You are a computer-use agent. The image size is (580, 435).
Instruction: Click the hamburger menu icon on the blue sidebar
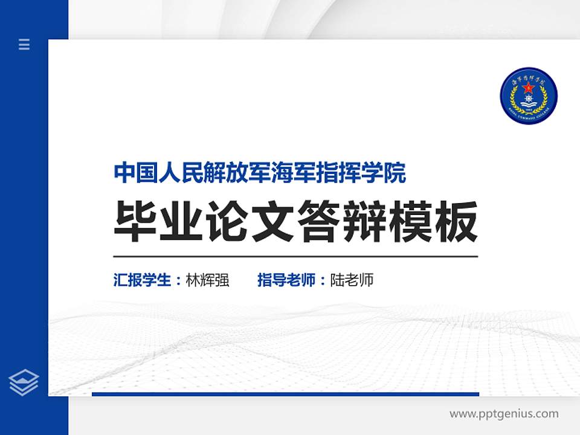tap(24, 44)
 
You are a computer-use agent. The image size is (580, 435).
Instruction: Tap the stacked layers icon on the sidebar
tap(24, 382)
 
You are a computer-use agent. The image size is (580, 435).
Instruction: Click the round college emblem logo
tap(529, 96)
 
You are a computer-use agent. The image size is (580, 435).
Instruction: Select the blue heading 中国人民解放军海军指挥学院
tap(260, 173)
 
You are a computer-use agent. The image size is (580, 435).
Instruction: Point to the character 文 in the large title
tap(273, 222)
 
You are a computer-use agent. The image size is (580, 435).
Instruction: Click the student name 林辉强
tap(208, 280)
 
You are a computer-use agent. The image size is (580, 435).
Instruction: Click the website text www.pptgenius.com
tap(504, 414)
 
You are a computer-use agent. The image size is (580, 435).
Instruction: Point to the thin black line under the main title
tap(295, 257)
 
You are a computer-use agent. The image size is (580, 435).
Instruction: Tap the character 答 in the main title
tap(319, 222)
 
